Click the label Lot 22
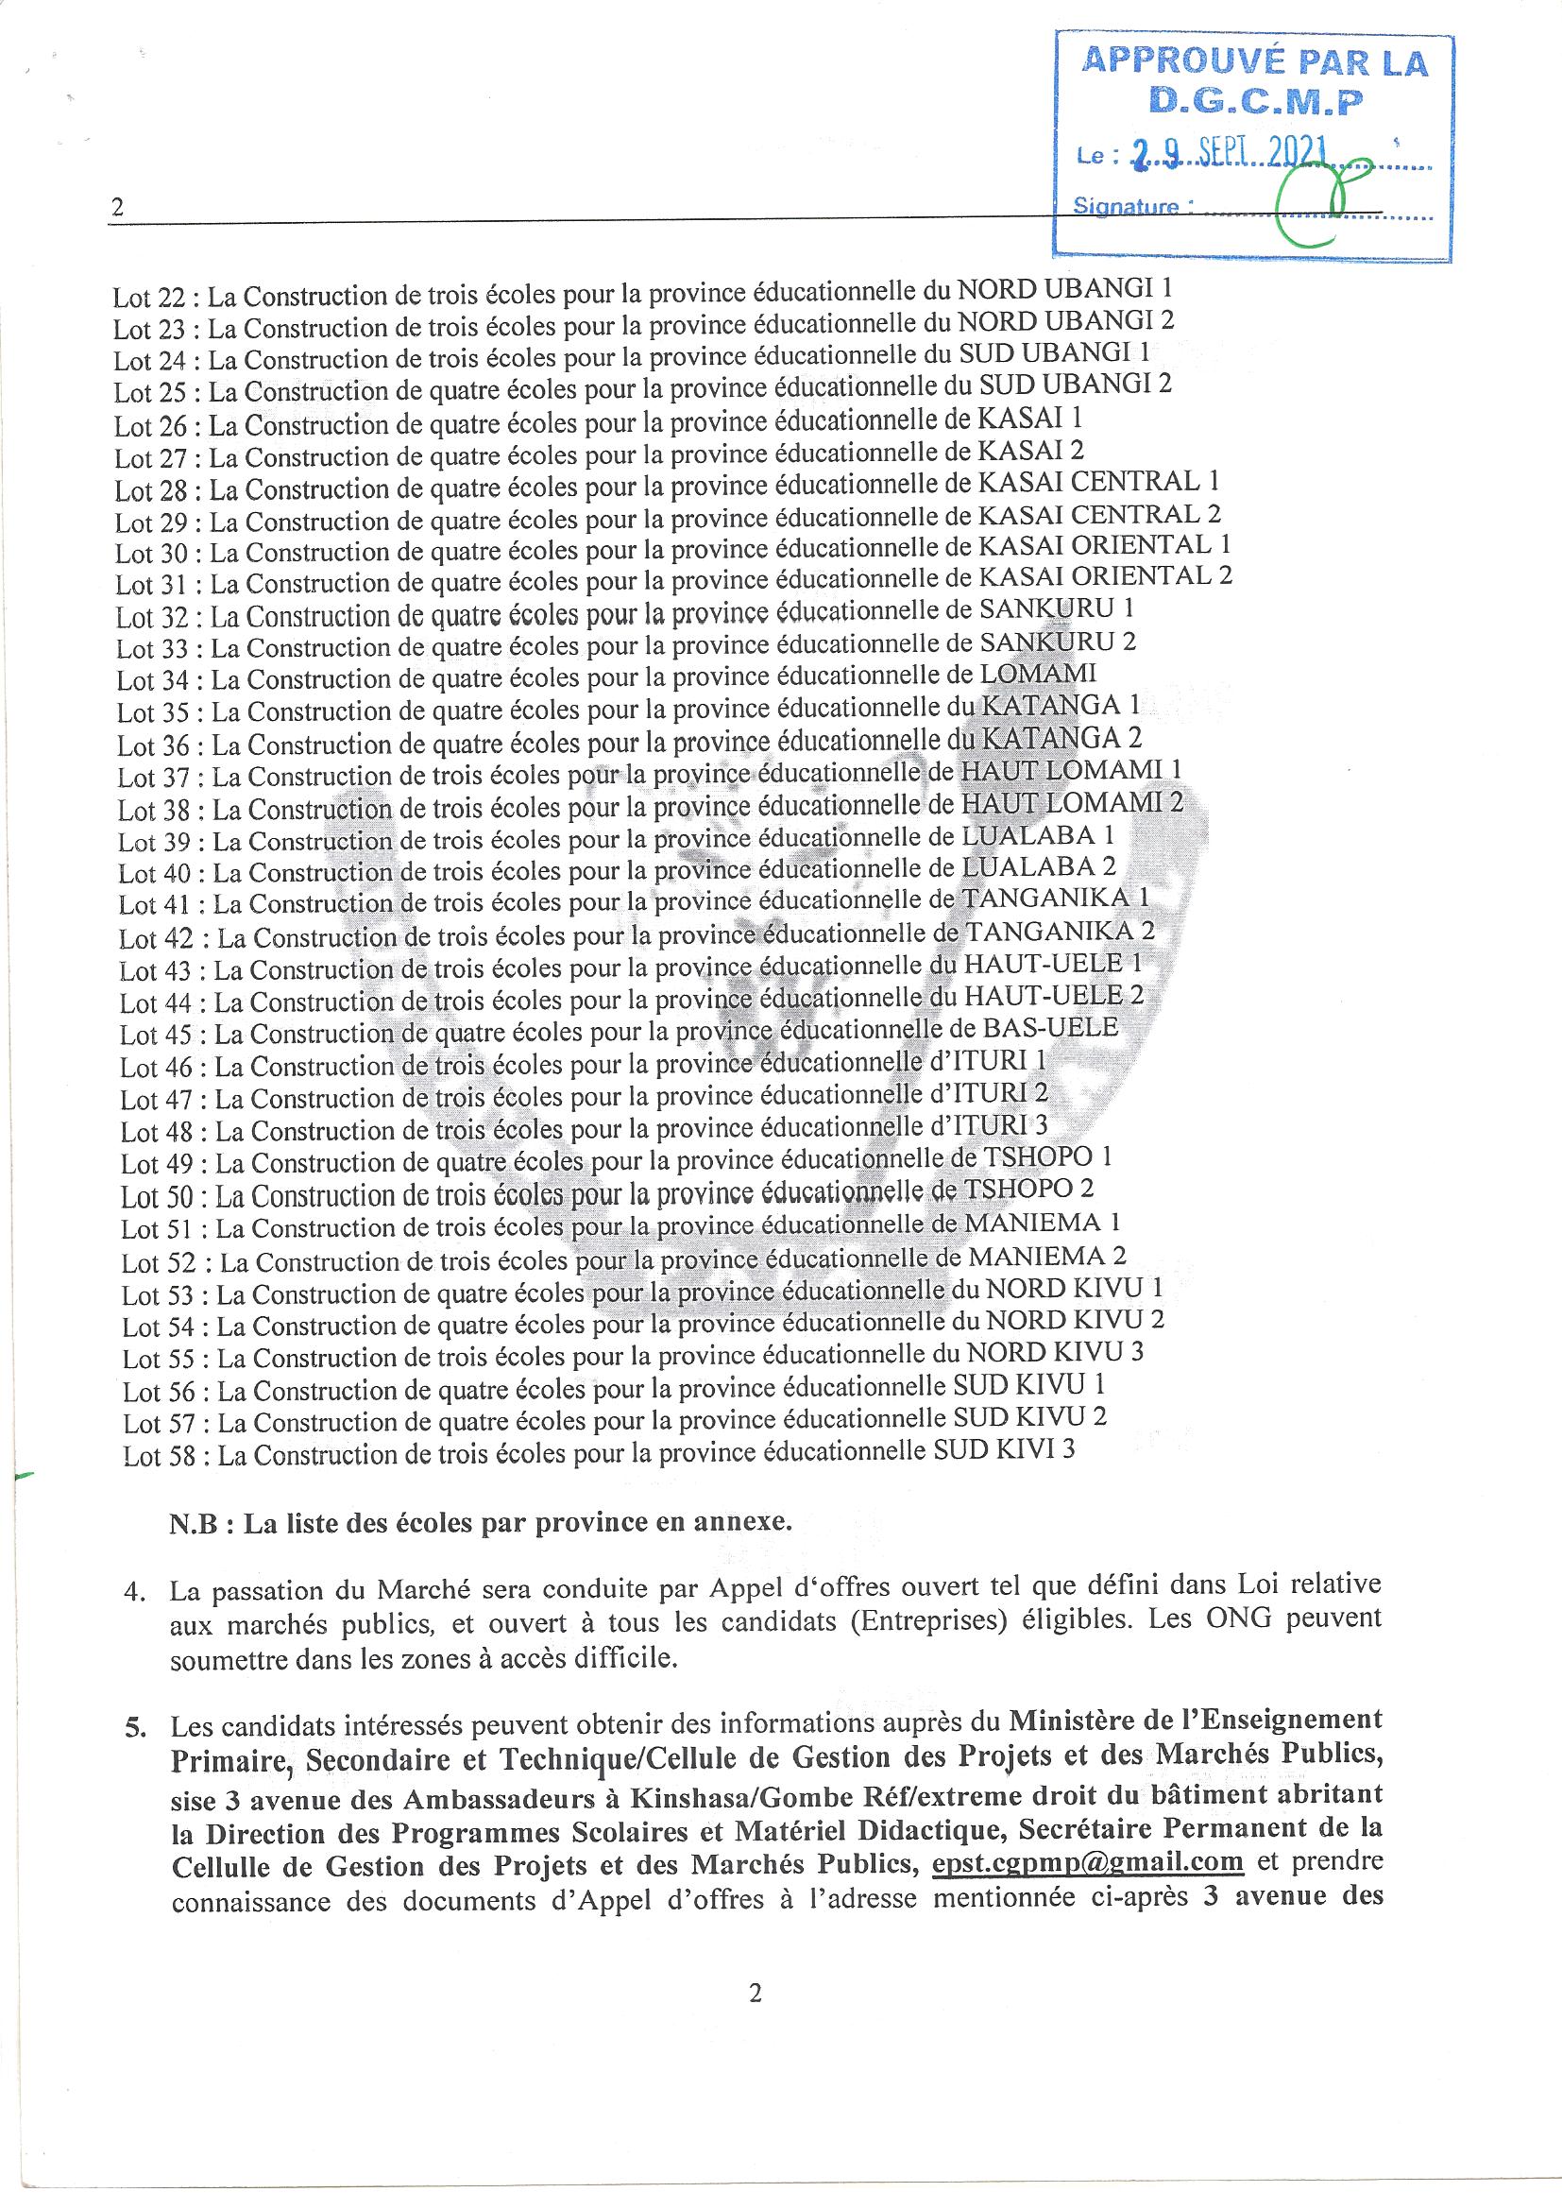click(x=151, y=297)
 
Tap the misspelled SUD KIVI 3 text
click(x=1004, y=1449)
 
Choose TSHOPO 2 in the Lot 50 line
click(x=1028, y=1189)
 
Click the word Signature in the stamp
click(x=1127, y=206)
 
